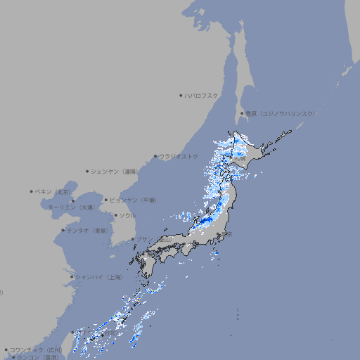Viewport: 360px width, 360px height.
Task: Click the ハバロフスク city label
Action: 202,95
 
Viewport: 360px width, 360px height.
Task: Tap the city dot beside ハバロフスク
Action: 181,95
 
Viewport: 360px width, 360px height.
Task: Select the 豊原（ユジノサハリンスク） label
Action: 281,113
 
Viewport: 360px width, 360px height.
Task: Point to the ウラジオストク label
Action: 179,156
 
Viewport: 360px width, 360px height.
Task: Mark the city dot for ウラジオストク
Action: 155,156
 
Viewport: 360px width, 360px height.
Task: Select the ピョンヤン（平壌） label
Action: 134,200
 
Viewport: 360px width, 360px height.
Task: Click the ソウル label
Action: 127,215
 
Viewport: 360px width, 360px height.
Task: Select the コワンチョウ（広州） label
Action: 36,349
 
